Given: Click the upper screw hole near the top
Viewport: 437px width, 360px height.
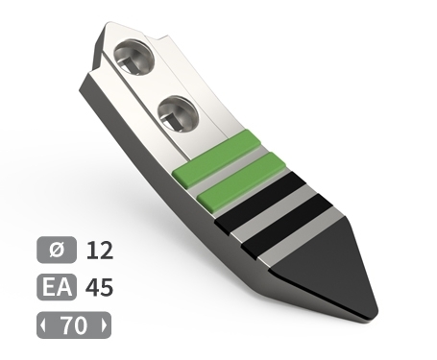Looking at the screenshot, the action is tap(134, 58).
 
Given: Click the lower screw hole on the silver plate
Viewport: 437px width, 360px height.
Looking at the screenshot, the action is tap(179, 113).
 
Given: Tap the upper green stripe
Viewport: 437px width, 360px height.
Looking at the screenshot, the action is tap(216, 158).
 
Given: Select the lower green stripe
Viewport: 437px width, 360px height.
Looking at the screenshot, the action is tap(241, 182).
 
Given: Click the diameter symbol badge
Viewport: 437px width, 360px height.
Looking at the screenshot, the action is tap(57, 250).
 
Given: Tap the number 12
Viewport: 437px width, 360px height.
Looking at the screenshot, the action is tap(100, 251).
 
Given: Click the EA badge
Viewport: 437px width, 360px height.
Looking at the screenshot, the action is tap(57, 287).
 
